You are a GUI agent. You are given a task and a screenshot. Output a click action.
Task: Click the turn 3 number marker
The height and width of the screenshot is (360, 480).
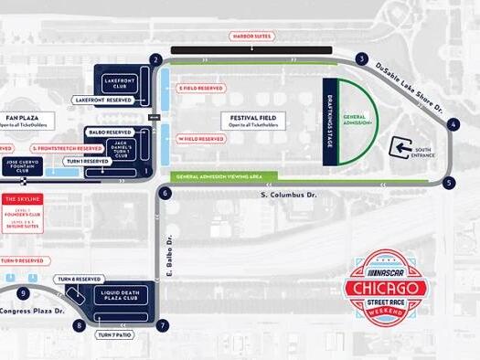coord(362,60)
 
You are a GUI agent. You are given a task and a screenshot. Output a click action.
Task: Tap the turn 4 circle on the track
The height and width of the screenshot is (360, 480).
coord(453,122)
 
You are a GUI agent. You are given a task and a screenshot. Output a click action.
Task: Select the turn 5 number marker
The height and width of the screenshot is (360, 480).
coord(449,183)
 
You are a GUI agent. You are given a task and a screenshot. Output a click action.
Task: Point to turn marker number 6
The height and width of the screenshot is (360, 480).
coord(165,194)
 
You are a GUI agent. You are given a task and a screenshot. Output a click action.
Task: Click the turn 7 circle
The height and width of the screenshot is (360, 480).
coord(163,325)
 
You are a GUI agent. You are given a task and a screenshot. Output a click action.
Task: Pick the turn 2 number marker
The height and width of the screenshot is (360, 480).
coord(156,60)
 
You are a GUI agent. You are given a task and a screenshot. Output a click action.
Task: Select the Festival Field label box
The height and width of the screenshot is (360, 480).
coord(253,121)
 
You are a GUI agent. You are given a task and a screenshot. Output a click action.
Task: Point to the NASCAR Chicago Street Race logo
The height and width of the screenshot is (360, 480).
coord(383,291)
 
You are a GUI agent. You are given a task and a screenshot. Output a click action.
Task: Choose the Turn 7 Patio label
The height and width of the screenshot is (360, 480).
coord(116,335)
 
